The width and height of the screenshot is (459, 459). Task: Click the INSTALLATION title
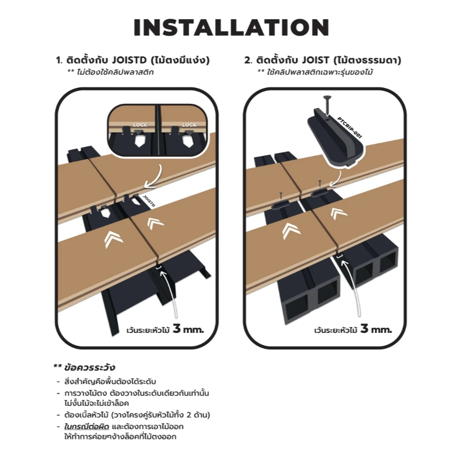tap(231, 27)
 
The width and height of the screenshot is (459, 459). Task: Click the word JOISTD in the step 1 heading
tap(129, 60)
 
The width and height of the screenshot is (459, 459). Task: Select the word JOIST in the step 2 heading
tap(315, 60)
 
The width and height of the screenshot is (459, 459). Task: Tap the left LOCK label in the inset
tap(140, 125)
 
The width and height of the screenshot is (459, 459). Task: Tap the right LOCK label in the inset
tap(189, 125)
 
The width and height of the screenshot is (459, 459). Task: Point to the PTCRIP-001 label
tap(349, 128)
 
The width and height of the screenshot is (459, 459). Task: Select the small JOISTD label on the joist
tap(149, 201)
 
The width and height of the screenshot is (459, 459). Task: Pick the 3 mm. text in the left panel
tap(188, 329)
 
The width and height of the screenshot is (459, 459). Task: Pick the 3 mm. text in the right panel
tap(376, 329)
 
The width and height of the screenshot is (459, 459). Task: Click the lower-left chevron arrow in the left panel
tap(113, 239)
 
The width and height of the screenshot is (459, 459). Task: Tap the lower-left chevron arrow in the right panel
tap(291, 231)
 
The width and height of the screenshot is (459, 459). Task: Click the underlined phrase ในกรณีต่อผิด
tap(87, 426)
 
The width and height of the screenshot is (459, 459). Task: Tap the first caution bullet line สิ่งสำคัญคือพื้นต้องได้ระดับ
tap(110, 381)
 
